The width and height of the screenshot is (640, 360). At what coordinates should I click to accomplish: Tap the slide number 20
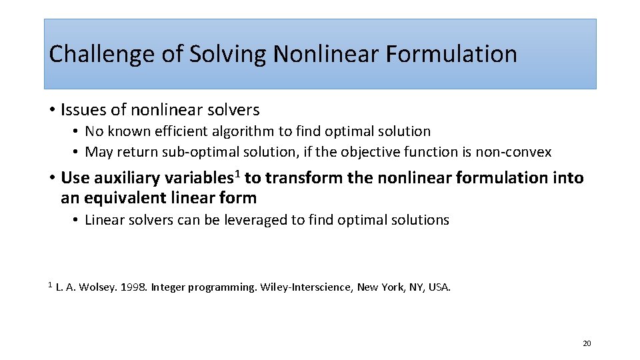pos(587,343)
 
